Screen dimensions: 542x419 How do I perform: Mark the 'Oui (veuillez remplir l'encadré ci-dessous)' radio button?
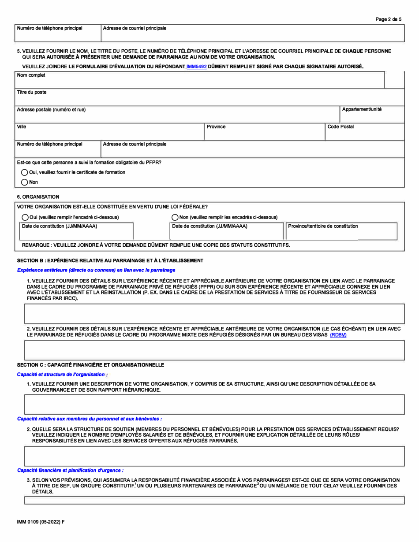pyautogui.click(x=25, y=217)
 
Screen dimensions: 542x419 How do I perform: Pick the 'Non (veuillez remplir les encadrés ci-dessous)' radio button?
pyautogui.click(x=175, y=217)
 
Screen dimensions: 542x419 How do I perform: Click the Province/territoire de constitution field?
pyautogui.click(x=341, y=234)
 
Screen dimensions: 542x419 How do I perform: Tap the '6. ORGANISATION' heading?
pyautogui.click(x=38, y=197)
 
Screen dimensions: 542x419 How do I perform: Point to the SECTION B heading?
pyautogui.click(x=110, y=261)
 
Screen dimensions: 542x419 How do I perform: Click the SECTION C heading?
pyautogui.click(x=90, y=365)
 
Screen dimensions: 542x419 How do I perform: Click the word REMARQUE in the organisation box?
pyautogui.click(x=35, y=245)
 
